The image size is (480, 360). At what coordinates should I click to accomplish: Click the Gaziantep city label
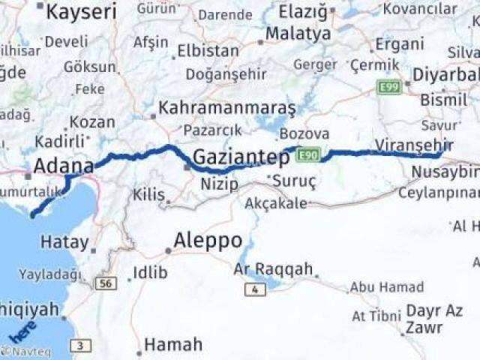pyautogui.click(x=241, y=157)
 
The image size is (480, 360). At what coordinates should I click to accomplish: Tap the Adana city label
pyautogui.click(x=63, y=166)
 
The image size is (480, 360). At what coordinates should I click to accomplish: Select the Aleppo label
pyautogui.click(x=208, y=241)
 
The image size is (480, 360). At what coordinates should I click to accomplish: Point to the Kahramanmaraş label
pyautogui.click(x=227, y=107)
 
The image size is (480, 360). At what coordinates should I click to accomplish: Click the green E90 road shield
pyautogui.click(x=308, y=155)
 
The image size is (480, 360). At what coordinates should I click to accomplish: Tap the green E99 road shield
pyautogui.click(x=389, y=88)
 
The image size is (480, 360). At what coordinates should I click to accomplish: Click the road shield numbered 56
pyautogui.click(x=107, y=283)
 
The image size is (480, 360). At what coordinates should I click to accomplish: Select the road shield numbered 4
pyautogui.click(x=256, y=289)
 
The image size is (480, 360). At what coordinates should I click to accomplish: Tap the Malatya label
pyautogui.click(x=298, y=34)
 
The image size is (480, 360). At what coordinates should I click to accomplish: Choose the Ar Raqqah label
pyautogui.click(x=273, y=269)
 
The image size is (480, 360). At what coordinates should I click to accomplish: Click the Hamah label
pyautogui.click(x=173, y=345)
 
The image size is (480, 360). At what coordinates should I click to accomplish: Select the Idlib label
pyautogui.click(x=150, y=272)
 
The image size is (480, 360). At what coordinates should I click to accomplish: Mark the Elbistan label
pyautogui.click(x=208, y=52)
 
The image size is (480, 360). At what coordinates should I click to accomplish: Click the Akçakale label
pyautogui.click(x=276, y=202)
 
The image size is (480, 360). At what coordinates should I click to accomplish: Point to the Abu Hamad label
pyautogui.click(x=386, y=286)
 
